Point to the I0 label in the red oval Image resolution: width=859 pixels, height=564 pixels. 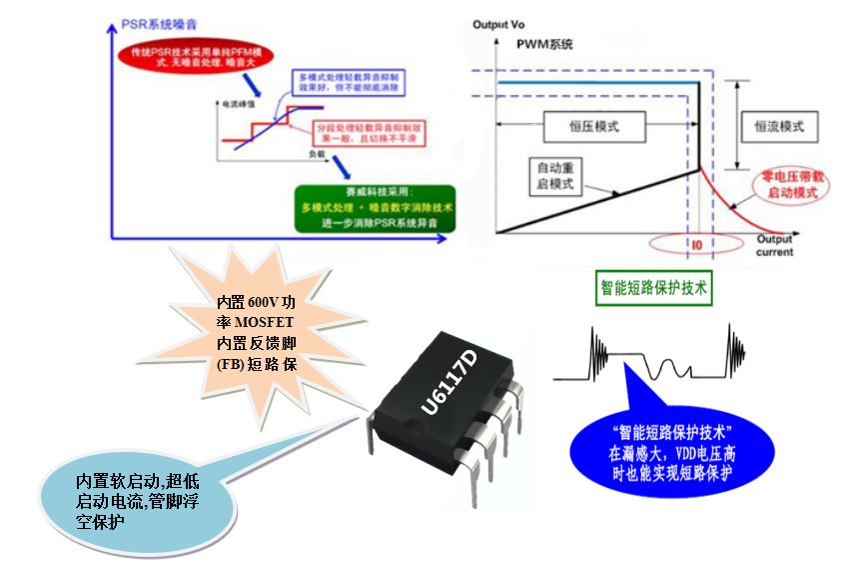tap(696, 243)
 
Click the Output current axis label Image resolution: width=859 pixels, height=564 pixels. tap(774, 246)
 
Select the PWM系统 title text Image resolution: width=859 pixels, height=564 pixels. tap(545, 45)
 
